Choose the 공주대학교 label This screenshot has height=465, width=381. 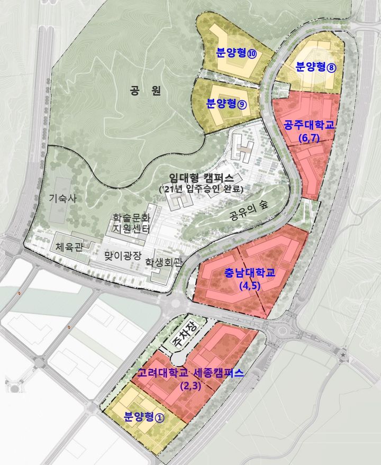pyautogui.click(x=310, y=125)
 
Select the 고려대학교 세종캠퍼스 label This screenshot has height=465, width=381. pyautogui.click(x=190, y=373)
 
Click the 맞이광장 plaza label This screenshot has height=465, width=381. pyautogui.click(x=123, y=256)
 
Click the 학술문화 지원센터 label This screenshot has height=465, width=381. pyautogui.click(x=131, y=223)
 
